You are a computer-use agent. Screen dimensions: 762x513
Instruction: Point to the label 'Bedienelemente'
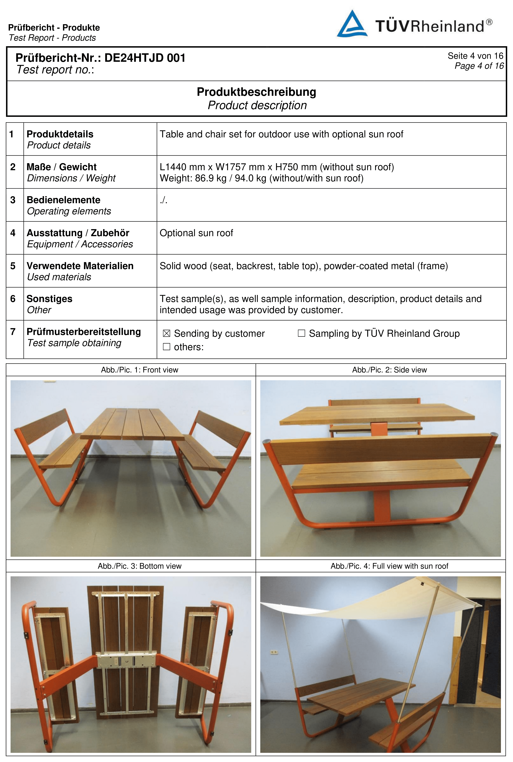[63, 200]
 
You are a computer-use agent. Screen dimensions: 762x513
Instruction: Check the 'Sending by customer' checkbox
[167, 334]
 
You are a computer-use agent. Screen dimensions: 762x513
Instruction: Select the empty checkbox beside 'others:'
[167, 347]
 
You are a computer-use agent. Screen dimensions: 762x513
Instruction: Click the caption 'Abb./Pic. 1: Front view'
[140, 370]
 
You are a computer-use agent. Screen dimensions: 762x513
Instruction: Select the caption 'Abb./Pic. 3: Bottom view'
[140, 566]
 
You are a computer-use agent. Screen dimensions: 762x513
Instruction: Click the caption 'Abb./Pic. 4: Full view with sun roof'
[389, 566]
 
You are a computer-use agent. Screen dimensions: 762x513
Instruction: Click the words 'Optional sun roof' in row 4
[196, 233]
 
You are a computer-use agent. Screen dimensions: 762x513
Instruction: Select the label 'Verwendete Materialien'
[80, 266]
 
